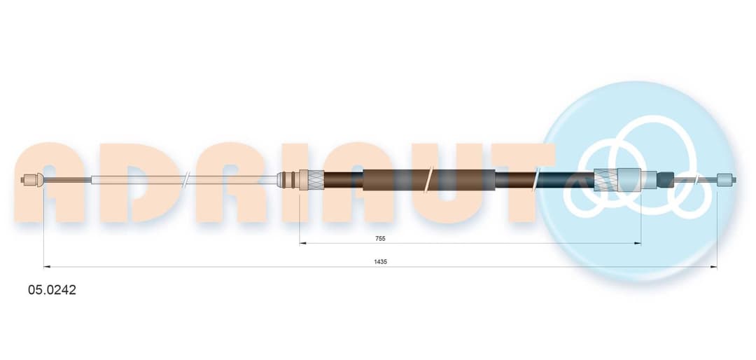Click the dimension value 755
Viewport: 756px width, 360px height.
tap(380, 238)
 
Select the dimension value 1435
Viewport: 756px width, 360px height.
tap(380, 261)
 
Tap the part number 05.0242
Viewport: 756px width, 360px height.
tap(52, 290)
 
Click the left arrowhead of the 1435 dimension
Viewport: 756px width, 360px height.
tap(47, 266)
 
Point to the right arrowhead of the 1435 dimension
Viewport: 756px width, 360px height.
tap(713, 266)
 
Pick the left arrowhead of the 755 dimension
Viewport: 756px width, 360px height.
tap(303, 243)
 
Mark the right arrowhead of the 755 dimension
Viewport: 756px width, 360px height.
tap(638, 243)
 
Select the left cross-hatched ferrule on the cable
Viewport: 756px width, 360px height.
tap(311, 180)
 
